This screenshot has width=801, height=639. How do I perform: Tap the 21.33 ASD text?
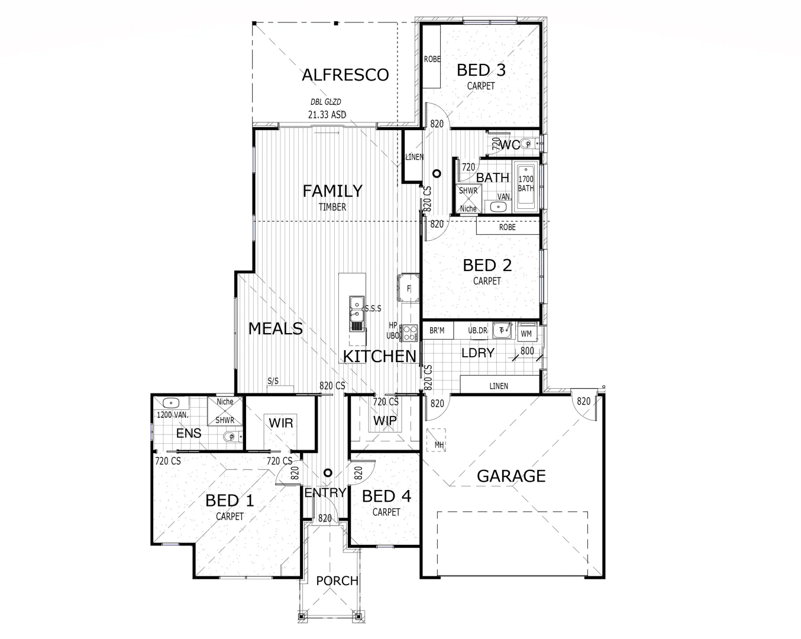(327, 115)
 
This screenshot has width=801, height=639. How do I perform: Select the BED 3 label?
(481, 70)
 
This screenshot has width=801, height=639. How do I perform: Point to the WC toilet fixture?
(531, 143)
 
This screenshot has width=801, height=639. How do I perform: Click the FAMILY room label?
(332, 191)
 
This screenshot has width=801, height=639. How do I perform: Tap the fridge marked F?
(409, 288)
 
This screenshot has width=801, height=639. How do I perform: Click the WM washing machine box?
(526, 333)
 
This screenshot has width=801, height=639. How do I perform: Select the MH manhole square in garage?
(438, 440)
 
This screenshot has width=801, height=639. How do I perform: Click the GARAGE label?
(511, 476)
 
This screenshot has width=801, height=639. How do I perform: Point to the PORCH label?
(337, 581)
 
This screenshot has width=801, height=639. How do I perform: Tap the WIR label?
(281, 424)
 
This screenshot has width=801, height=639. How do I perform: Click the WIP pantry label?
(385, 421)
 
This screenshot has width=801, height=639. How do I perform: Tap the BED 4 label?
(386, 496)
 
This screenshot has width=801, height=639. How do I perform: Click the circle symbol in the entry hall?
(327, 473)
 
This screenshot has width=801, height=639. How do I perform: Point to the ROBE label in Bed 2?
(507, 227)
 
